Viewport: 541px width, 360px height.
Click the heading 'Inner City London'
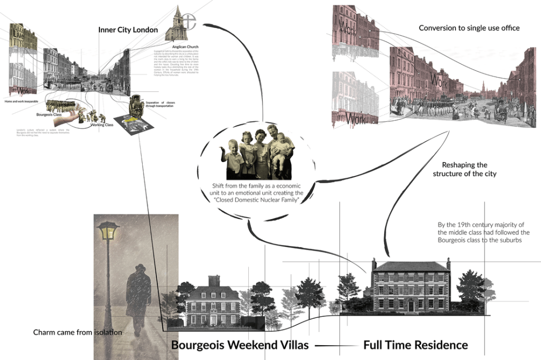pyautogui.click(x=128, y=30)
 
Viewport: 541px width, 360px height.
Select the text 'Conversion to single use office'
pyautogui.click(x=469, y=28)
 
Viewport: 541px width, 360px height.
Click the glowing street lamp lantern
pyautogui.click(x=108, y=232)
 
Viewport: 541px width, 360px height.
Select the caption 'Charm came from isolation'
pyautogui.click(x=78, y=333)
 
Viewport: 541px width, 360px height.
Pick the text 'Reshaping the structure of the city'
pyautogui.click(x=464, y=169)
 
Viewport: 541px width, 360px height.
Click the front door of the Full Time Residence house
pyautogui.click(x=411, y=306)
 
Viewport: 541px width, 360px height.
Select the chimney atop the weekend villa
pyautogui.click(x=214, y=280)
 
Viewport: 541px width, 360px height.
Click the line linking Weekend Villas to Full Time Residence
pyautogui.click(x=335, y=346)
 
